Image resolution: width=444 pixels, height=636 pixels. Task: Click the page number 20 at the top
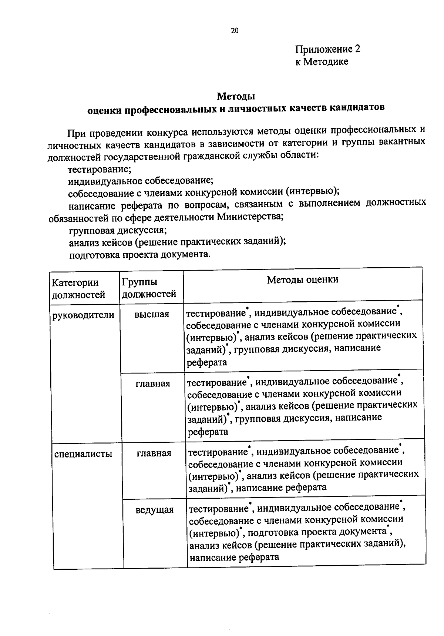point(235,31)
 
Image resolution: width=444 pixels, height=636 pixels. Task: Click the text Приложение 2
point(327,49)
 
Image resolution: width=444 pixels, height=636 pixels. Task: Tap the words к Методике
point(322,62)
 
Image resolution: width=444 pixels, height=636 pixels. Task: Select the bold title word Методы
point(236,97)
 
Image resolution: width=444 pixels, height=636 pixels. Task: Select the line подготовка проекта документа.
point(139,255)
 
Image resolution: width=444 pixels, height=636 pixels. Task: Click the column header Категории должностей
point(78,288)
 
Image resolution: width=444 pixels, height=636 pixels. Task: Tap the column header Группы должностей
point(149,288)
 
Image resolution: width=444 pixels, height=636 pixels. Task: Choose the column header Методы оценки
point(302,279)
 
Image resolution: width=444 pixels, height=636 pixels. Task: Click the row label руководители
point(84,315)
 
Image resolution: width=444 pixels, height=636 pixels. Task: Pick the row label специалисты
point(83,454)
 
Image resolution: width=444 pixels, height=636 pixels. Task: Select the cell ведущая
point(154,510)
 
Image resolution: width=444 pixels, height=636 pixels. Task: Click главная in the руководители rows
point(153,384)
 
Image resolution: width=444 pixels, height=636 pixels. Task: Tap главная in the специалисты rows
point(154,453)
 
